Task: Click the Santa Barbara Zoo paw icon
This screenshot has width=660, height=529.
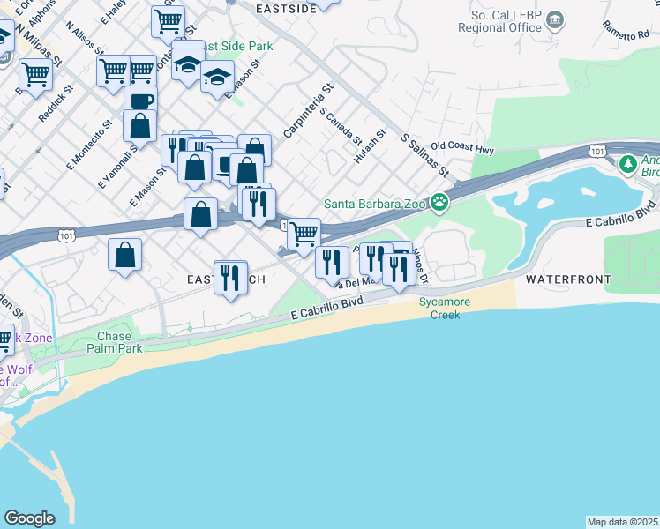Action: (439, 204)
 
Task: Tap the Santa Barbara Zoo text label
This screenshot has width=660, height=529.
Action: (375, 204)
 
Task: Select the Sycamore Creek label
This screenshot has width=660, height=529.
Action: (445, 308)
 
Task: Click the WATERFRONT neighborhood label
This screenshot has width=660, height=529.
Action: (568, 279)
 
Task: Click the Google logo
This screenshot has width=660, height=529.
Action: (29, 518)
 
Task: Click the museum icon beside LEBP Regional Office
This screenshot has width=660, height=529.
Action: (556, 19)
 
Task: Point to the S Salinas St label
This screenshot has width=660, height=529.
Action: (425, 155)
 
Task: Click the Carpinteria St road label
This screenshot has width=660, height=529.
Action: (307, 111)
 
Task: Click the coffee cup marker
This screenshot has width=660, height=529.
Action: (140, 101)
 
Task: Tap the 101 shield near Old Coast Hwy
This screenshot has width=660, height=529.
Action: (597, 152)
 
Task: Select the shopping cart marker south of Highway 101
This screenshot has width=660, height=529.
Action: (304, 233)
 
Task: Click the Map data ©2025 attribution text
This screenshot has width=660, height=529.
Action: (623, 522)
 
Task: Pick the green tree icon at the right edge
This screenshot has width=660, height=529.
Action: (627, 164)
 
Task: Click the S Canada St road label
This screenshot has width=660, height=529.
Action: (341, 128)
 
